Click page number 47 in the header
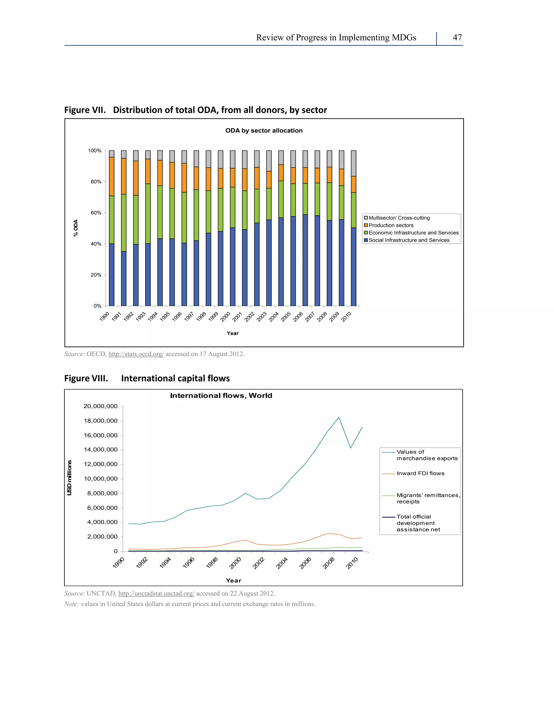(457, 38)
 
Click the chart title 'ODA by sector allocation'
(264, 131)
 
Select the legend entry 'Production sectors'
(391, 225)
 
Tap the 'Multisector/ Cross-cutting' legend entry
(399, 218)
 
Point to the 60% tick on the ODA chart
(96, 213)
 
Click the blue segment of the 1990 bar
(112, 275)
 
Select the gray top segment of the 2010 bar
(354, 163)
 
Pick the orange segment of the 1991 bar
(124, 176)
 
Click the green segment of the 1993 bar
(148, 213)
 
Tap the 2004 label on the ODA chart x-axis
(274, 317)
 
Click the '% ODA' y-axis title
(76, 228)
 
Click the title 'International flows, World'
(221, 396)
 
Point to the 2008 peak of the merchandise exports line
(339, 417)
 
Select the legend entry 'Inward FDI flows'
(420, 473)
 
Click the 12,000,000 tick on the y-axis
(100, 464)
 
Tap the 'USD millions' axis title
(69, 478)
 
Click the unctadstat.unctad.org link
(156, 593)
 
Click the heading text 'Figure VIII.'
(86, 378)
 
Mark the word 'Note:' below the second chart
(71, 604)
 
